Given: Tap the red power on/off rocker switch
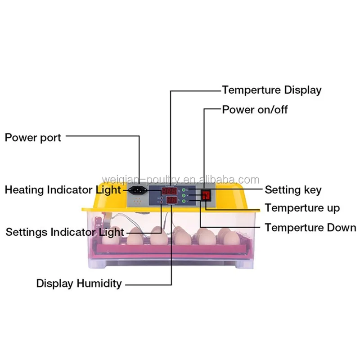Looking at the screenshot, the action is [x=206, y=195].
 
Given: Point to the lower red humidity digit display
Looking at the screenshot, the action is [x=171, y=200].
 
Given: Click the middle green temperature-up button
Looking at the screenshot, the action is [x=184, y=196].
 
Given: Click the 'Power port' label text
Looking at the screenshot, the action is [x=33, y=137].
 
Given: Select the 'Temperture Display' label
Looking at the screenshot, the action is [x=272, y=90].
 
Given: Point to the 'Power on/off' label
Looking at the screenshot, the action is [x=255, y=109].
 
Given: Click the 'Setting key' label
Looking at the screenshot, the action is [x=293, y=189].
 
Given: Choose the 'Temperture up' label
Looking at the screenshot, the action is [x=302, y=208].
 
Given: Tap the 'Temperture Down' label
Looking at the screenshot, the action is [x=310, y=227].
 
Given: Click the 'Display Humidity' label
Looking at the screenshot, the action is [x=79, y=283].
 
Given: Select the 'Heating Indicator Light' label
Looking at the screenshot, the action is [x=63, y=189].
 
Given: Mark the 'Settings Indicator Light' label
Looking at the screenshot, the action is [x=64, y=232].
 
